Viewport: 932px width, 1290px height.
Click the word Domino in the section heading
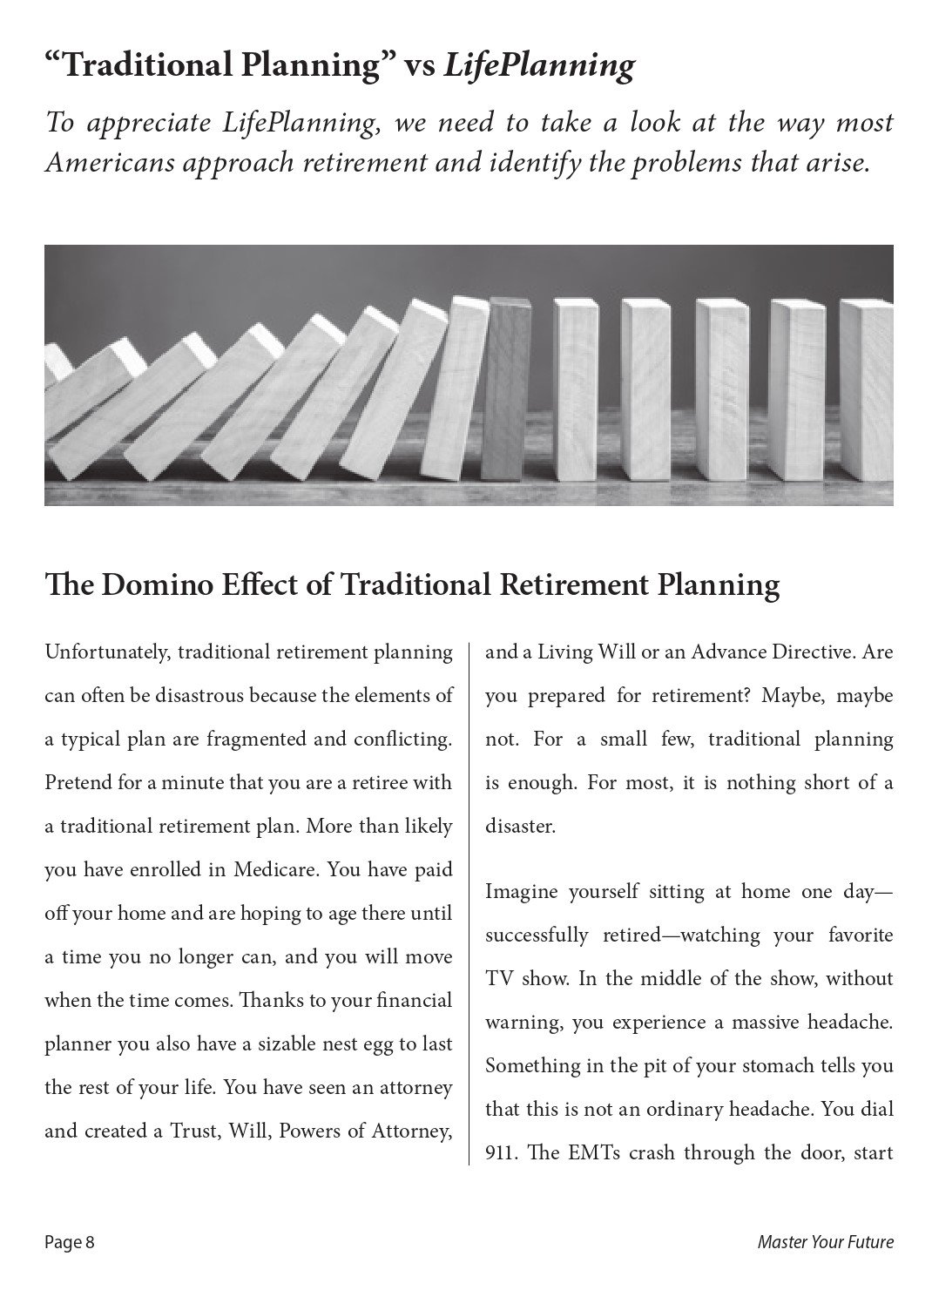(147, 584)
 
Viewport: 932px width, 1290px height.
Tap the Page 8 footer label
(70, 1242)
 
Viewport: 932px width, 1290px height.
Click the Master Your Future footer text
(825, 1242)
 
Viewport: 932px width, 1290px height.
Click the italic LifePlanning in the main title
(538, 66)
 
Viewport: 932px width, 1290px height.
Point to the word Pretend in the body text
(78, 783)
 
